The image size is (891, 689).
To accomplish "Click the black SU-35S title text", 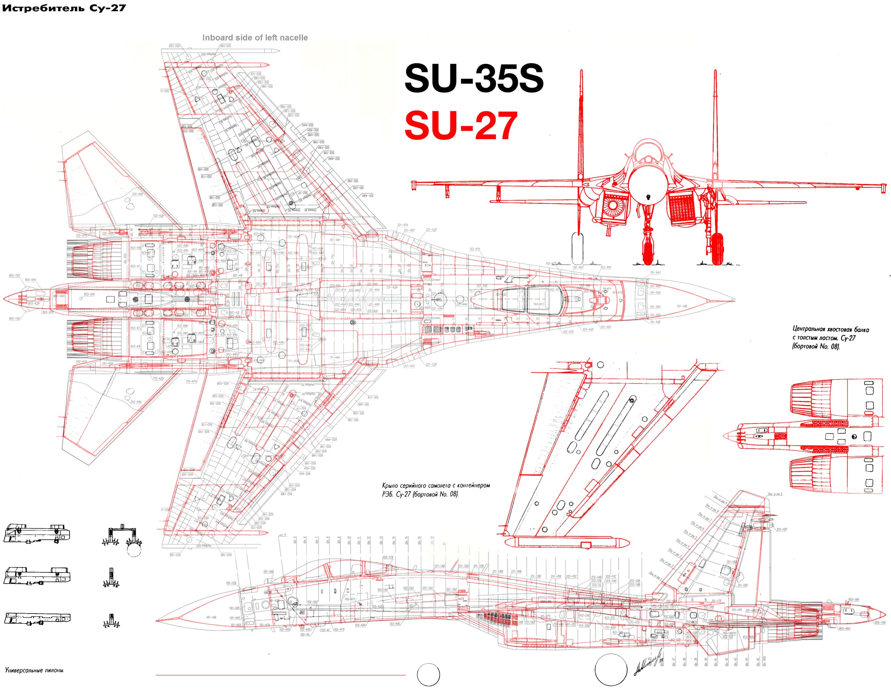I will [x=474, y=78].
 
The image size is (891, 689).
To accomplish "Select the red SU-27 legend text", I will [x=461, y=126].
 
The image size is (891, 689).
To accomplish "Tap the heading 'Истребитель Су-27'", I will [x=64, y=8].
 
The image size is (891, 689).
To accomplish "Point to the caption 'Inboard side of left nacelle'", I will [x=255, y=38].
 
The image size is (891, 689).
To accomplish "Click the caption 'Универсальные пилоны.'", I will [x=35, y=670].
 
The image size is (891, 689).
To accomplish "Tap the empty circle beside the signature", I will [x=611, y=670].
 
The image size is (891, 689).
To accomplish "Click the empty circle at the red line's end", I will [x=428, y=675].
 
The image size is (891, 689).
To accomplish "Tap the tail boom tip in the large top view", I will [x=5, y=299].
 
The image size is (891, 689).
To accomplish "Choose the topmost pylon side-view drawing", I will [x=37, y=533].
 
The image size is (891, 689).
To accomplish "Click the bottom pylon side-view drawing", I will [x=37, y=618].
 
